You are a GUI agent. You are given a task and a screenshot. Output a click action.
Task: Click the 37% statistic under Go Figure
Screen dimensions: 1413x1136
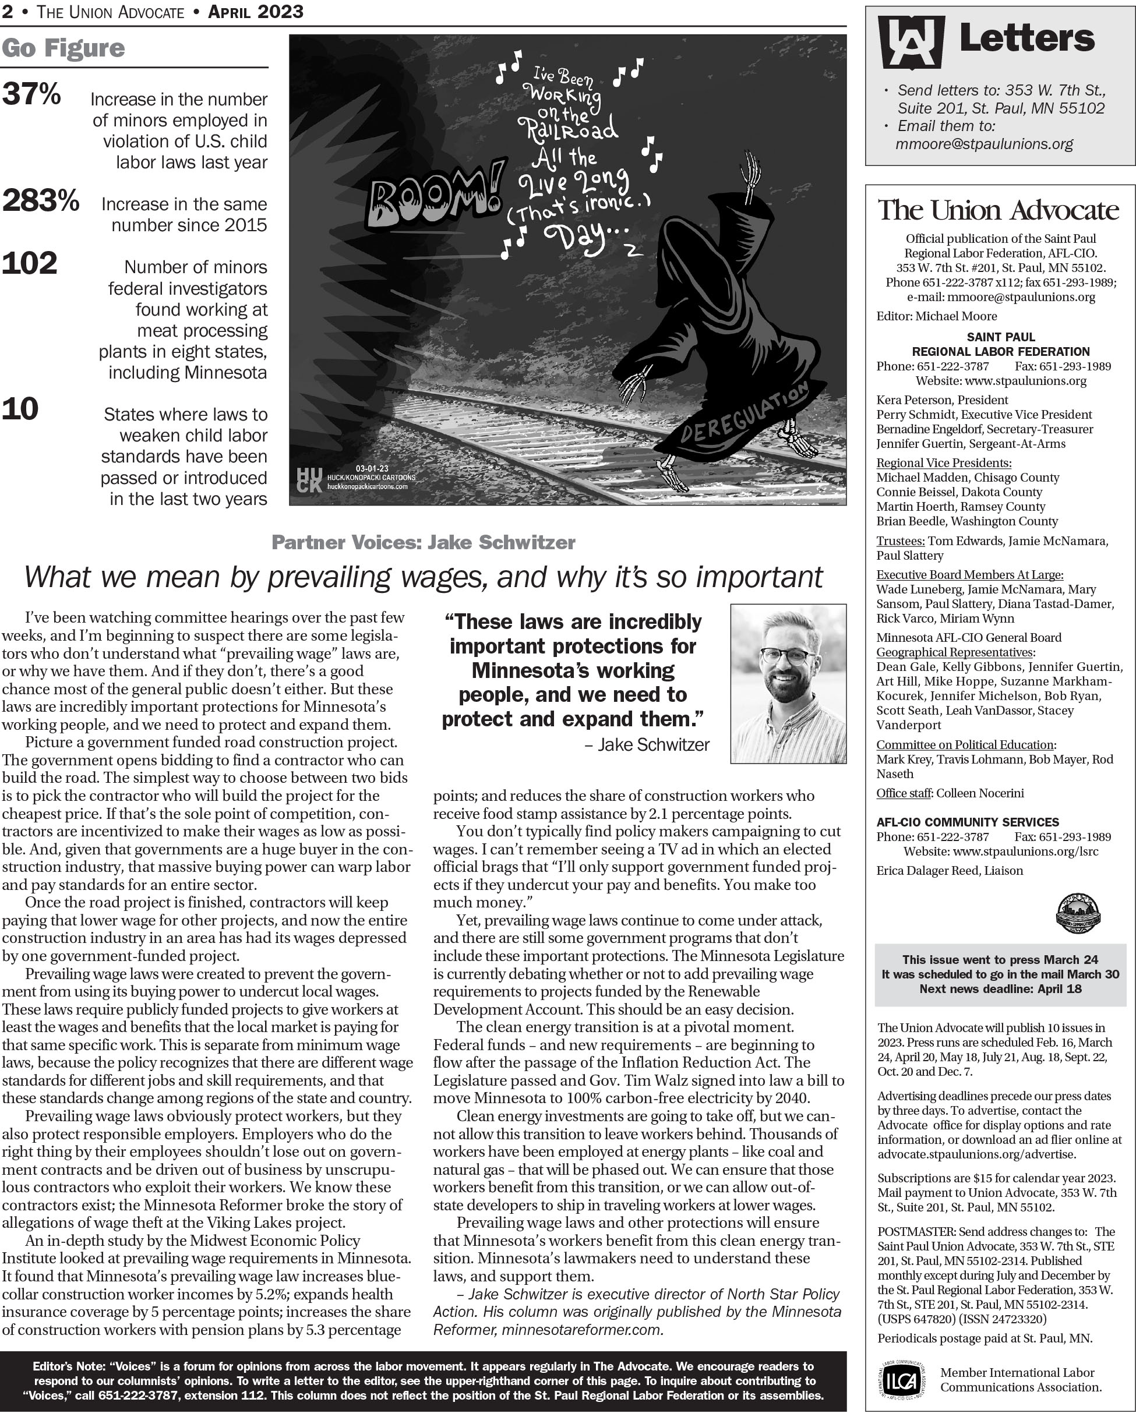click(x=31, y=94)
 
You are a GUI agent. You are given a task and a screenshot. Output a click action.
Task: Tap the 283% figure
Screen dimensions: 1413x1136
click(x=41, y=200)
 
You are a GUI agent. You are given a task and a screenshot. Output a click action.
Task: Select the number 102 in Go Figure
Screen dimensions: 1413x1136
click(x=30, y=263)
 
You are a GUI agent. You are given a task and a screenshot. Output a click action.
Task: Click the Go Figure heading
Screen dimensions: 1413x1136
click(x=63, y=48)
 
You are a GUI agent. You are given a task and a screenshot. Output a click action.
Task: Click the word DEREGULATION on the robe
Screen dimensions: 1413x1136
click(x=745, y=415)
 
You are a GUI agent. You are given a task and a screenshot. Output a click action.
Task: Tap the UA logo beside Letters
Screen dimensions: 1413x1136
click(x=911, y=42)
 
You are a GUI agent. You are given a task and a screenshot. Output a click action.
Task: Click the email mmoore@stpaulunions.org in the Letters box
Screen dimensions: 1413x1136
click(x=984, y=144)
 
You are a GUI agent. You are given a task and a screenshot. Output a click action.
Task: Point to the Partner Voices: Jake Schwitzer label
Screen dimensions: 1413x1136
click(x=423, y=543)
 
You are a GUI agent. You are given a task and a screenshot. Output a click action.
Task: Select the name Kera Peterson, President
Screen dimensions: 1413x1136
click(x=942, y=400)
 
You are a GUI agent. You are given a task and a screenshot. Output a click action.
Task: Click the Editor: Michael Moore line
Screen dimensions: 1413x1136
click(x=937, y=316)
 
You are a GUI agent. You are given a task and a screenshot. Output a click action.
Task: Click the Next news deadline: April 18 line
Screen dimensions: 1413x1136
click(x=1000, y=988)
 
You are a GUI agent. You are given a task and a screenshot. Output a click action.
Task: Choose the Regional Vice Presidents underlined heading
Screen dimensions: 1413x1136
click(x=943, y=462)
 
